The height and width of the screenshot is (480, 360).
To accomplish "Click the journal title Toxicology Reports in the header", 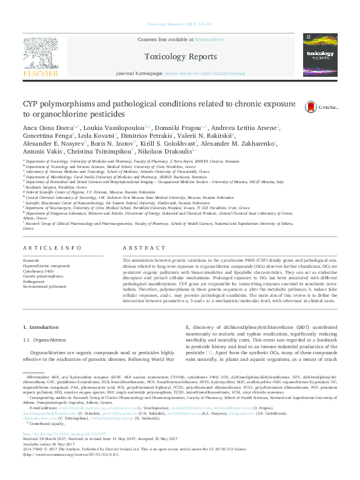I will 180,57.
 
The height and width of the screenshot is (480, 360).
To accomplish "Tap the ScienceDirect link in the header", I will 210,39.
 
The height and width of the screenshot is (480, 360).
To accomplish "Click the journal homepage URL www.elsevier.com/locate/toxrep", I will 205,73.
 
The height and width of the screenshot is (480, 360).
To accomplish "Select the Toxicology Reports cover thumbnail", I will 321,56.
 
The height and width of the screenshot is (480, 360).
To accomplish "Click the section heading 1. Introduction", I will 41,326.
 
